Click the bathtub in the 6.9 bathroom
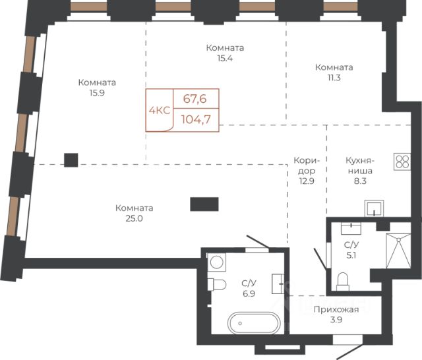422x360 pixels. point(254,323)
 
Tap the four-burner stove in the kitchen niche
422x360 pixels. point(402,162)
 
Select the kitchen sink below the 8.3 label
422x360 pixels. point(374,208)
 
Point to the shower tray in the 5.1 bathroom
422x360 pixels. point(398,251)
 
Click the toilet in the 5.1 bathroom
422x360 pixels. point(343,282)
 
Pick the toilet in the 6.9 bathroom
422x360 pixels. point(217,284)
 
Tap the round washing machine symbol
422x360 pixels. point(217,262)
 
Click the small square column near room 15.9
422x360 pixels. point(71,160)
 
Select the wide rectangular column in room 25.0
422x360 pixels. point(204,204)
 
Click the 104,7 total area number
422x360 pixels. point(196,119)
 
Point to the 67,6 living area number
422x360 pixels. point(195,99)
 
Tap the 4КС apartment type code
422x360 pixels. point(160,110)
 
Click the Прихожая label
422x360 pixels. point(336,309)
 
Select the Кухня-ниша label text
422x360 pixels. point(360,165)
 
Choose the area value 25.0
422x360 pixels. point(134,218)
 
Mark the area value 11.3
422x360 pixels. point(334,78)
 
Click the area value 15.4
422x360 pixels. point(225,58)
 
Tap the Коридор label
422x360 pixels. point(307,165)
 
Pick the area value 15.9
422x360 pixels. point(97,93)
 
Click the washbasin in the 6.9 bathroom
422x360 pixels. point(278,284)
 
